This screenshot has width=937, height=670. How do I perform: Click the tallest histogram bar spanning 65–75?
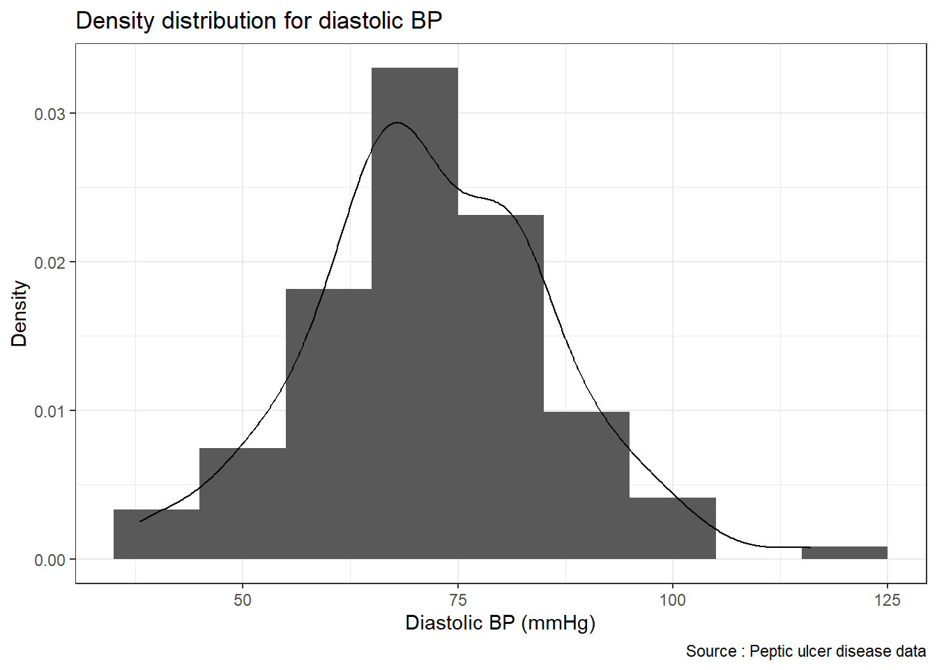[415, 314]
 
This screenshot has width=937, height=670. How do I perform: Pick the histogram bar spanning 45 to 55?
[243, 503]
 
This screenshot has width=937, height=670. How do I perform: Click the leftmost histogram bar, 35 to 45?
[156, 535]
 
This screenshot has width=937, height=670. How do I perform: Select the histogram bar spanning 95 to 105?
[673, 528]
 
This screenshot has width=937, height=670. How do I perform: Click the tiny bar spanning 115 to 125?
[844, 553]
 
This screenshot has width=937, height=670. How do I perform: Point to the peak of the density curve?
[397, 123]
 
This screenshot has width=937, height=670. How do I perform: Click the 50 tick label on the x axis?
[243, 600]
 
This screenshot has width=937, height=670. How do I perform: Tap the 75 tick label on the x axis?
[457, 600]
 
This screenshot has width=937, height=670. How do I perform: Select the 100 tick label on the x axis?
[673, 600]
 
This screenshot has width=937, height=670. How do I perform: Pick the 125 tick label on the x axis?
[888, 600]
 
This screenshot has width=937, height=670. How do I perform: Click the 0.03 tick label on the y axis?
[49, 114]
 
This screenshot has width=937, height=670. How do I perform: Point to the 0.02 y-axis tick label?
[49, 262]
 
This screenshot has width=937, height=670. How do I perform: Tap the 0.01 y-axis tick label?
[49, 411]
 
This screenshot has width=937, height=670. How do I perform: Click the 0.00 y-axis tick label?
[49, 560]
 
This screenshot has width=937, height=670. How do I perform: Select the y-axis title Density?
[20, 313]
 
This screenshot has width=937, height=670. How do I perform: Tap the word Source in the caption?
[711, 651]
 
